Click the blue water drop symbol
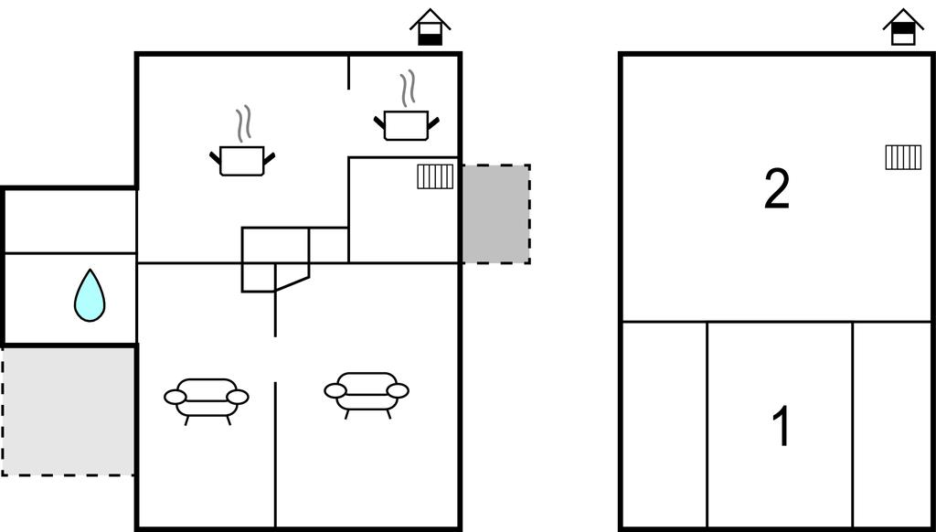pyautogui.click(x=90, y=296)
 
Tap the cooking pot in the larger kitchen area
pyautogui.click(x=242, y=161)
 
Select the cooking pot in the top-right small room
pyautogui.click(x=407, y=125)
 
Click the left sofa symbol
pyautogui.click(x=207, y=398)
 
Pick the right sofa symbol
pyautogui.click(x=367, y=391)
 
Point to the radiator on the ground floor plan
pyautogui.click(x=435, y=176)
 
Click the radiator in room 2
pyautogui.click(x=903, y=157)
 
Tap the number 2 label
pyautogui.click(x=776, y=190)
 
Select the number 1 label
pyautogui.click(x=781, y=428)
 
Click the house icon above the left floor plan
pyautogui.click(x=431, y=27)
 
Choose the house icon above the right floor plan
pyautogui.click(x=903, y=27)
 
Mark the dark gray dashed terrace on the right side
pyautogui.click(x=495, y=214)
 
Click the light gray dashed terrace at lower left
pyautogui.click(x=69, y=410)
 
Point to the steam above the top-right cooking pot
pyautogui.click(x=407, y=89)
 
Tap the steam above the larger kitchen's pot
pyautogui.click(x=242, y=124)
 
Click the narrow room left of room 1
pyautogui.click(x=665, y=424)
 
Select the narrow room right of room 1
pyautogui.click(x=892, y=424)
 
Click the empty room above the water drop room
pyautogui.click(x=70, y=220)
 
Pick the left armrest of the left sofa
pyautogui.click(x=175, y=397)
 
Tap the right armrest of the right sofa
pyautogui.click(x=398, y=391)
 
